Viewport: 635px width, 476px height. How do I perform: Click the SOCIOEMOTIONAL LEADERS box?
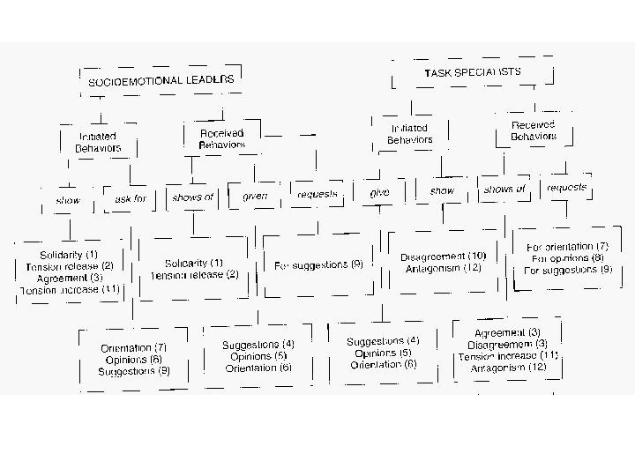(x=161, y=80)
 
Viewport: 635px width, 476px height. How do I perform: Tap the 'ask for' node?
(x=131, y=199)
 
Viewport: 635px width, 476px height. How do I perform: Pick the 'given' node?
(x=255, y=196)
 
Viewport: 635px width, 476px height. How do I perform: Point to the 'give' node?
(x=380, y=191)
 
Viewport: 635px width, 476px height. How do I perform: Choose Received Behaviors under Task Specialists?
(x=534, y=131)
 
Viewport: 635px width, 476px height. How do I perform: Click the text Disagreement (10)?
(x=443, y=257)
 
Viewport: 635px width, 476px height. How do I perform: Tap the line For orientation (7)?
(x=567, y=246)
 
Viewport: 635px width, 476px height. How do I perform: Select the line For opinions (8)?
(x=567, y=257)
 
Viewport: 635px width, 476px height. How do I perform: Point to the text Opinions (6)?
(x=133, y=360)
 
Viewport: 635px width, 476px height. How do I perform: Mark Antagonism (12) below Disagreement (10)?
(x=443, y=268)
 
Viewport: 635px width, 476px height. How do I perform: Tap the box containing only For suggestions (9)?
(x=318, y=264)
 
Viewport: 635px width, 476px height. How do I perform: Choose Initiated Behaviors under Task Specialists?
(x=410, y=134)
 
